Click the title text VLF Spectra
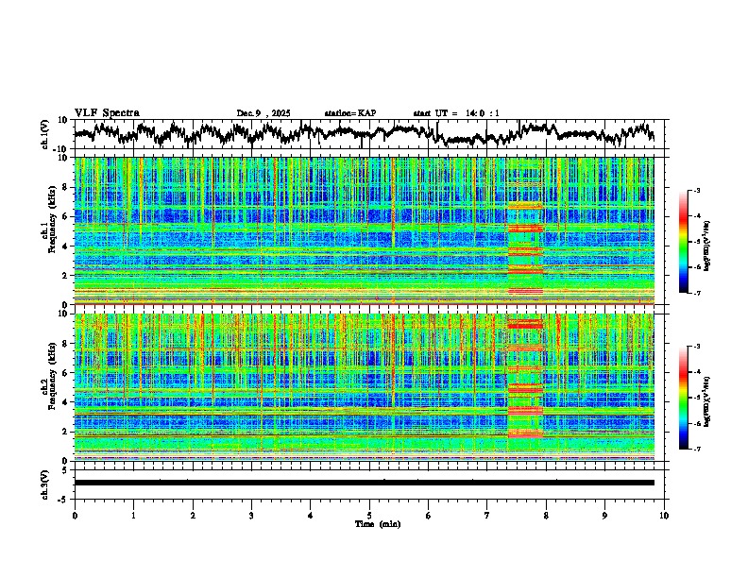tap(107, 112)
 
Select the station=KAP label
tap(349, 113)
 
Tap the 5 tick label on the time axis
tap(369, 515)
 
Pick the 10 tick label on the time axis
tap(664, 515)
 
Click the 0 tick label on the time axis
tap(75, 515)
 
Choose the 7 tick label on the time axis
tap(487, 515)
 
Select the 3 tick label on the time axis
tap(251, 515)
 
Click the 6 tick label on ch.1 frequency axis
tap(67, 216)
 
